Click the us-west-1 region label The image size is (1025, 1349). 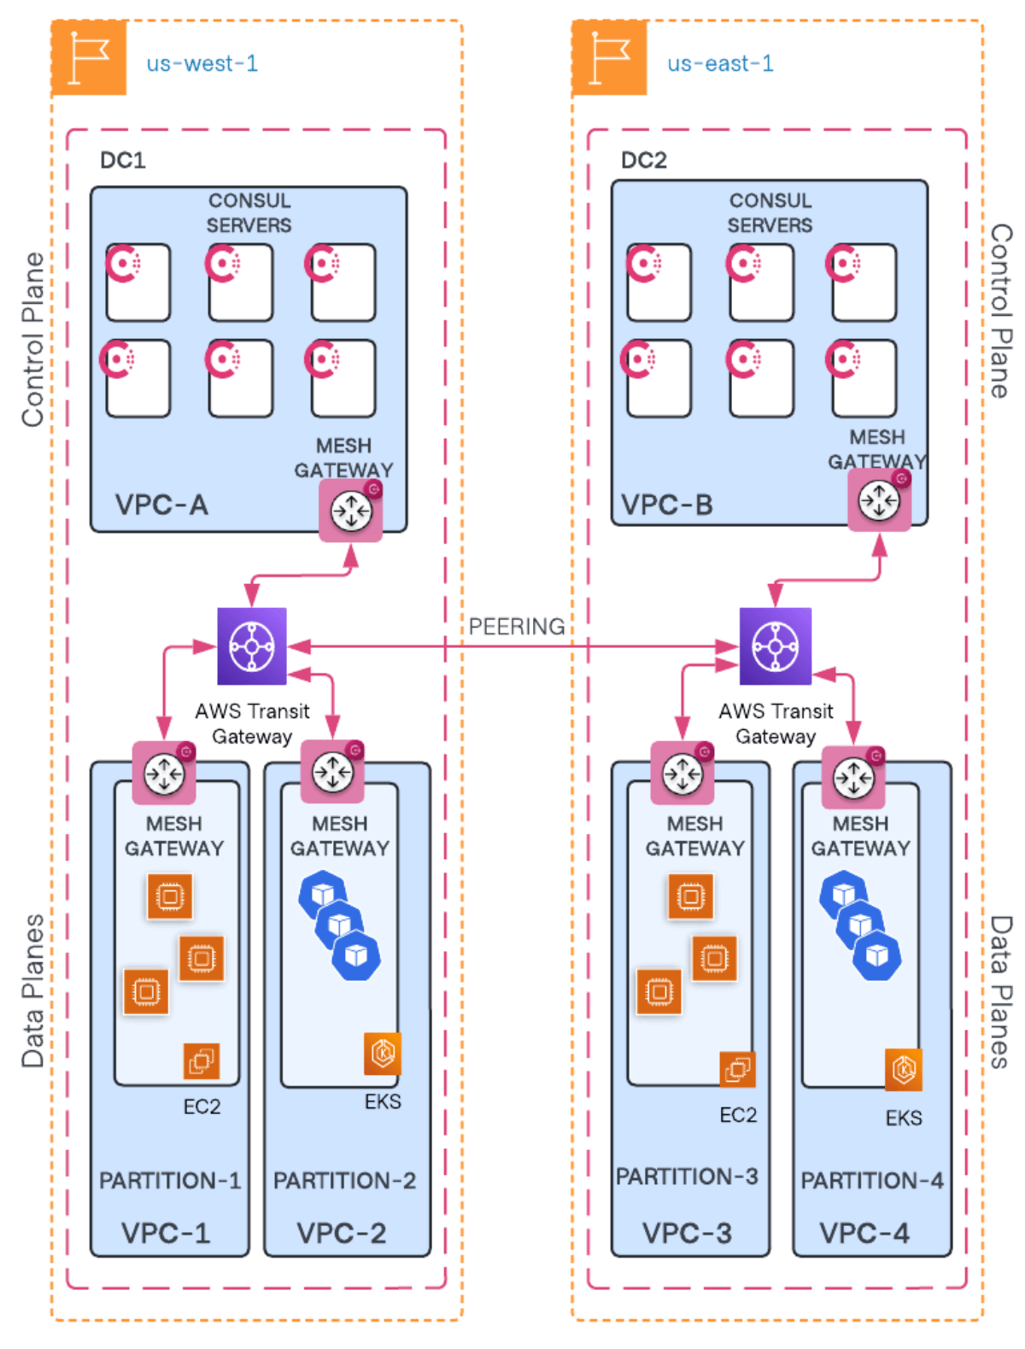[x=202, y=64]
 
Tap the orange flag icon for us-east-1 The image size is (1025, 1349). [x=609, y=58]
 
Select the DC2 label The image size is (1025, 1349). [x=643, y=161]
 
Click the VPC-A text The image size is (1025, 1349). [x=161, y=505]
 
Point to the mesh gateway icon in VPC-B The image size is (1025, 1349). [x=879, y=500]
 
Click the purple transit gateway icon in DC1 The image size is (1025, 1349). [x=252, y=646]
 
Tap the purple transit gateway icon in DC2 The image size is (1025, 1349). [x=775, y=646]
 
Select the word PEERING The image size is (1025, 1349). [x=516, y=627]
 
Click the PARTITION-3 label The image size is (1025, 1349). [x=687, y=1177]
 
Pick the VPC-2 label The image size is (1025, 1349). [x=341, y=1233]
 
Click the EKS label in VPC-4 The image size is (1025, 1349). [x=903, y=1118]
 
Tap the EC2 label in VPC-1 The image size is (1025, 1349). [x=202, y=1107]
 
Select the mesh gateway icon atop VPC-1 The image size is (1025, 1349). [x=164, y=774]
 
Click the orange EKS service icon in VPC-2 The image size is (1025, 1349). [x=382, y=1054]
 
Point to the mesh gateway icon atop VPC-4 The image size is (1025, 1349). [x=853, y=778]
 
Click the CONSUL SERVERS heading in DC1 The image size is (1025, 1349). [x=249, y=213]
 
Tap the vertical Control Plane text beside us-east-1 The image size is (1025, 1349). [x=1000, y=311]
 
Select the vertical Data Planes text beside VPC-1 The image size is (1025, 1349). [x=32, y=990]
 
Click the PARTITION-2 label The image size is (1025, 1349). [x=344, y=1180]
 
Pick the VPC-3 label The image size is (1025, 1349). [x=687, y=1233]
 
